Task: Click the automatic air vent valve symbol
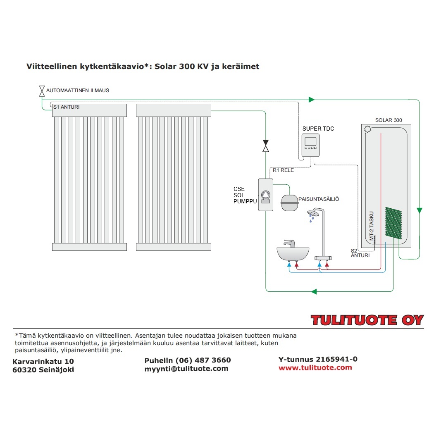(42, 91)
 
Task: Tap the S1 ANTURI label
(66, 107)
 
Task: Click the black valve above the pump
(266, 145)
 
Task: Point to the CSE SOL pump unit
(265, 195)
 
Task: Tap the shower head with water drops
(314, 215)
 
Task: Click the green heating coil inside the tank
(393, 223)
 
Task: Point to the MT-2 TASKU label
(372, 226)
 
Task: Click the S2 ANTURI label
(360, 253)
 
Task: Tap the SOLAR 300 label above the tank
(388, 120)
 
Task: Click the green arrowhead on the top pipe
(312, 100)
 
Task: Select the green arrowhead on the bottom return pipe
(314, 291)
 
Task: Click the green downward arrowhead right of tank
(420, 211)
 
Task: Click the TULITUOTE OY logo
(367, 320)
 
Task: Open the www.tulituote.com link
(315, 367)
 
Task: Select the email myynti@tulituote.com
(186, 369)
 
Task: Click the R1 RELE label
(283, 170)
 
